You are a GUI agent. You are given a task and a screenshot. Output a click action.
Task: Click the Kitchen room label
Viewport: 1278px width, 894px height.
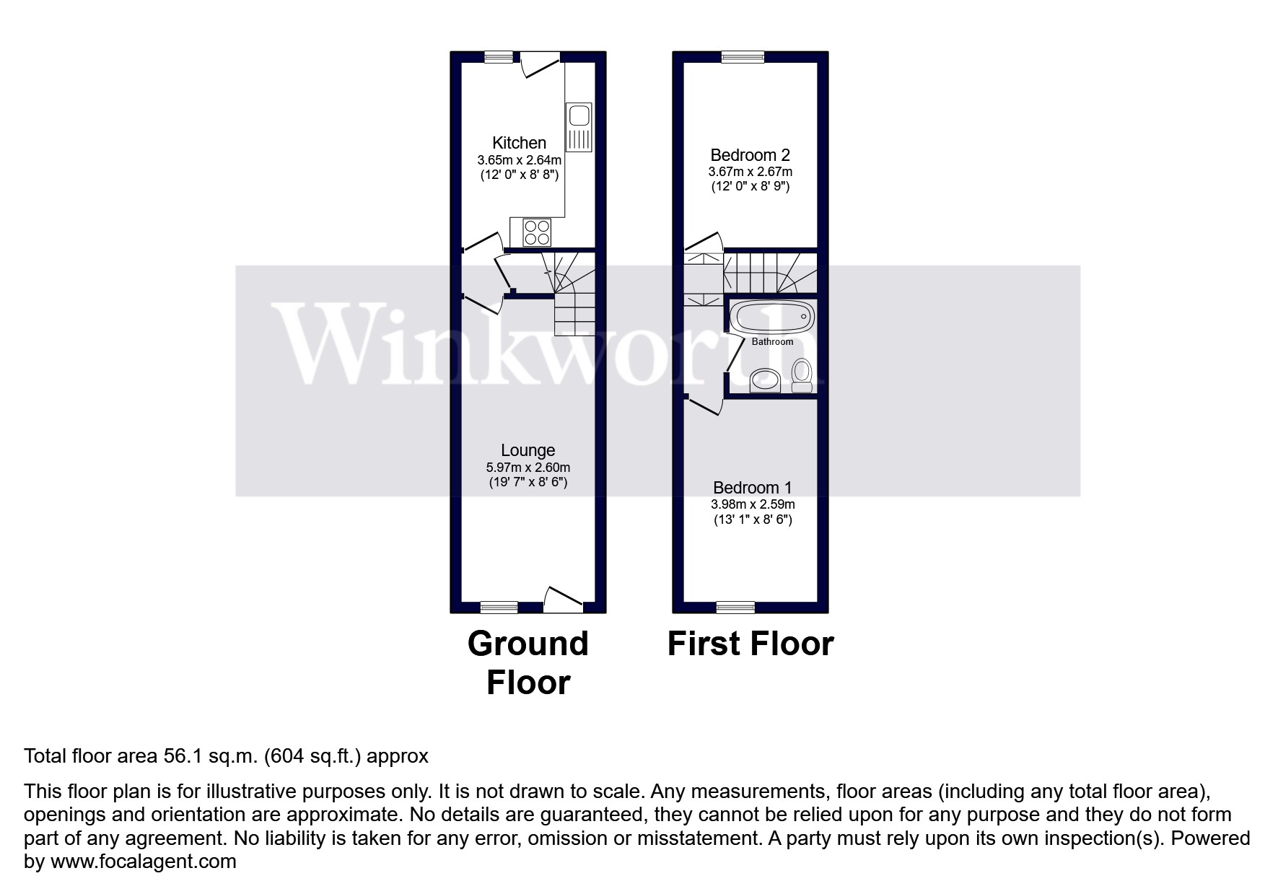519,143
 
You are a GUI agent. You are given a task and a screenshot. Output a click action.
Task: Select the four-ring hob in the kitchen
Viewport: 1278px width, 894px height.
537,232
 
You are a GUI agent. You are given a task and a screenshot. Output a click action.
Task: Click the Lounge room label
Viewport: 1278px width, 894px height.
528,451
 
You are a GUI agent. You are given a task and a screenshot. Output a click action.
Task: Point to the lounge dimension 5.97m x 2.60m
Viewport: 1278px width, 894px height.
528,468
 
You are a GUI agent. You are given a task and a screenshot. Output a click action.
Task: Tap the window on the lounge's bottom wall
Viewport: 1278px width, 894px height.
499,607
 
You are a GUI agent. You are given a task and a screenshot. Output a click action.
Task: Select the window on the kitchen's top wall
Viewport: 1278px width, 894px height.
499,57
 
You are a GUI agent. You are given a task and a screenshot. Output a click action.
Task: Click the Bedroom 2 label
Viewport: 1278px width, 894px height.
750,155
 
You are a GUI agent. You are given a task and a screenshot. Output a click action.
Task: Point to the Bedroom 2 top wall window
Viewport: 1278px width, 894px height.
743,57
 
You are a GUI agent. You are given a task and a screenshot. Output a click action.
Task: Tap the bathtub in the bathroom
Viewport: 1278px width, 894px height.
773,317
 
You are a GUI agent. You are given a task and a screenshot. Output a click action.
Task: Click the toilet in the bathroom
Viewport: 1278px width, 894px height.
802,375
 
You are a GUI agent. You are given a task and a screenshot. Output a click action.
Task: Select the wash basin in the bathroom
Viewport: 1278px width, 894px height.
765,380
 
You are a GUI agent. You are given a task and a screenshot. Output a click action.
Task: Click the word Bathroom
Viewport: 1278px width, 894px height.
772,342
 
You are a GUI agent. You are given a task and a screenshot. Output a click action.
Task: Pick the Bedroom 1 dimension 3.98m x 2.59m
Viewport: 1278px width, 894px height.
753,504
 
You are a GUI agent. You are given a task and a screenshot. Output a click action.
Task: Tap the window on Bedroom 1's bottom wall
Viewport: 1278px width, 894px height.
735,607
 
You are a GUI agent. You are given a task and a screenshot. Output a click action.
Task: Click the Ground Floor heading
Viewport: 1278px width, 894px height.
528,662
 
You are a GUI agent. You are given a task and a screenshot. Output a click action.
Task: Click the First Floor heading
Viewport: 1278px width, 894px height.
750,644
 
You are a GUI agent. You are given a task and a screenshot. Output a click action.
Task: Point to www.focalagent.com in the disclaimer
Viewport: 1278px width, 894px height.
143,862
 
